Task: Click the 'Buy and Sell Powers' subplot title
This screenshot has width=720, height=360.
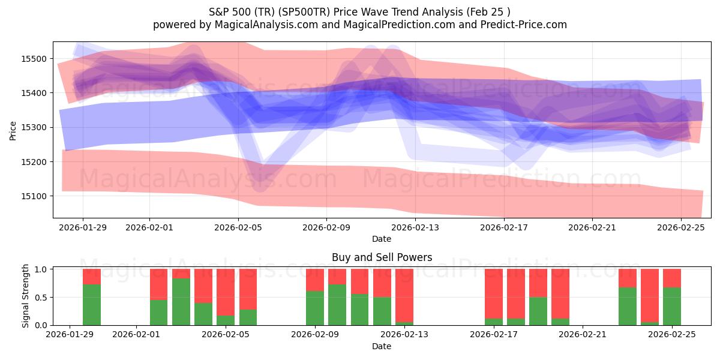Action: click(382, 257)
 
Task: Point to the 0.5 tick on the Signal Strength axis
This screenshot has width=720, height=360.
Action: click(42, 298)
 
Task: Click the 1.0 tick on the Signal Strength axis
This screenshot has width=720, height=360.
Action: click(42, 269)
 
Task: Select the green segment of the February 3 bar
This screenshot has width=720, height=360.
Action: click(181, 302)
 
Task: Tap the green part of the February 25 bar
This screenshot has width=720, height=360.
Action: click(672, 306)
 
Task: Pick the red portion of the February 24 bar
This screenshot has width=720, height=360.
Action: click(650, 295)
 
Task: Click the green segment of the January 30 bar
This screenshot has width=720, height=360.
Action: click(92, 305)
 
